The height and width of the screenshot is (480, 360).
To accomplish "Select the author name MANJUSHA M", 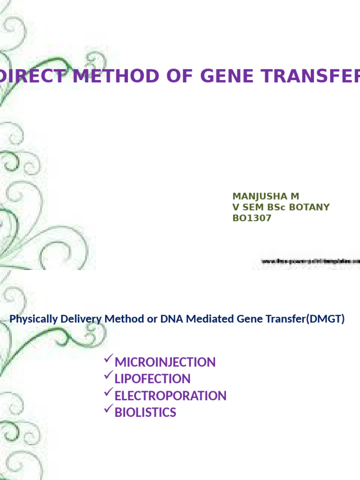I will (266, 196).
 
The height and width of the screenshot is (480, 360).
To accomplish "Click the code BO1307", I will (252, 218).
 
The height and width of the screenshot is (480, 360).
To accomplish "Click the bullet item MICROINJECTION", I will (165, 362).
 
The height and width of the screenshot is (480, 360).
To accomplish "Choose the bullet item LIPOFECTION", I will (152, 379).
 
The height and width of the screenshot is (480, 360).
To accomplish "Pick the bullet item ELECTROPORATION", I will (171, 396).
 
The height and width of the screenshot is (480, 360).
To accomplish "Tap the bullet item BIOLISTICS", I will (145, 412).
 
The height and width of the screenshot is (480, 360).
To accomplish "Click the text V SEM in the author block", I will (249, 207).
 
